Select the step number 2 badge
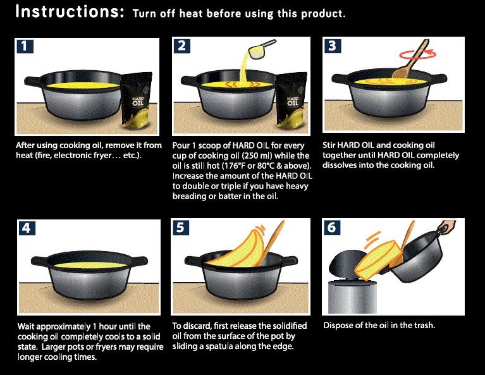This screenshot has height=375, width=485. coord(182,46)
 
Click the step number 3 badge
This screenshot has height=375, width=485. coord(331,46)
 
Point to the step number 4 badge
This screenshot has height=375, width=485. coord(25,228)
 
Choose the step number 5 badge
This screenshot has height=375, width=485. coord(181,228)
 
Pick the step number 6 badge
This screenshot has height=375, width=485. coord(331,228)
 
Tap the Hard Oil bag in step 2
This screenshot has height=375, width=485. coord(292,99)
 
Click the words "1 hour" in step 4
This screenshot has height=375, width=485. coord(109,326)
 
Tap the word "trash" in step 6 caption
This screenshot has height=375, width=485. coord(424,326)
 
